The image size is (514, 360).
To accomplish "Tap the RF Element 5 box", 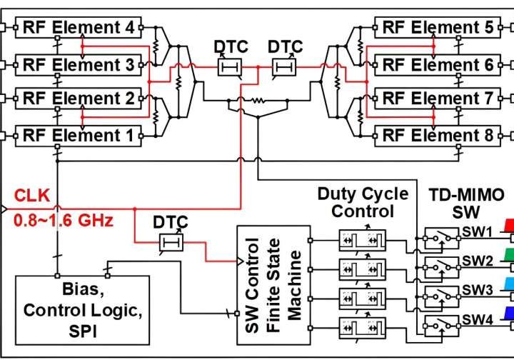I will point(436,28).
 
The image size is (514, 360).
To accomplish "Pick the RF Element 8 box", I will point(436,135).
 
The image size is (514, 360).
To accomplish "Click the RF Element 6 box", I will point(436,65).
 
